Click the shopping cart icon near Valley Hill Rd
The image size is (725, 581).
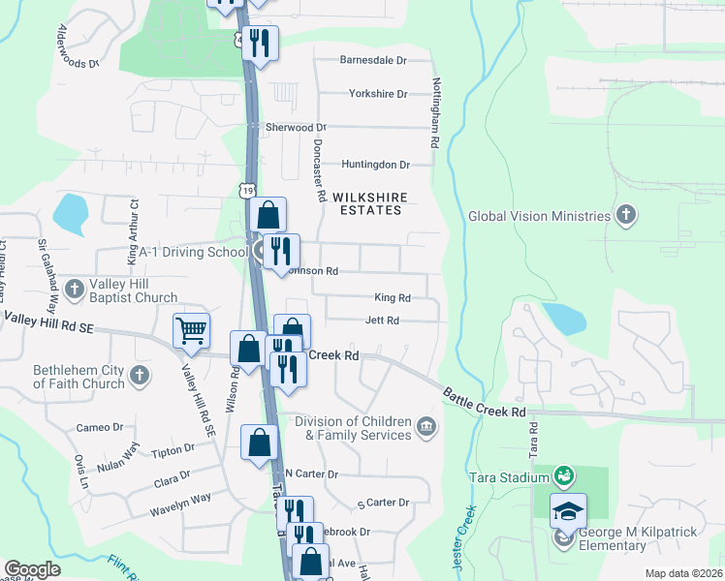click(x=191, y=331)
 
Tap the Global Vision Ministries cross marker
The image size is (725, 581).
click(x=626, y=216)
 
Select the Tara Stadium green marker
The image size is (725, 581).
click(x=562, y=475)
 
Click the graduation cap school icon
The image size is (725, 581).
click(x=568, y=510)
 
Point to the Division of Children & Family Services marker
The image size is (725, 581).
click(x=425, y=427)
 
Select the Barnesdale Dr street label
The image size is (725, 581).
click(x=373, y=60)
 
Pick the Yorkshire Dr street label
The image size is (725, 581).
click(x=378, y=94)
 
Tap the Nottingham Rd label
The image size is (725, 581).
click(x=437, y=112)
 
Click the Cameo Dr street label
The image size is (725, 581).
click(x=100, y=427)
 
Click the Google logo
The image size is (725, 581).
click(x=32, y=569)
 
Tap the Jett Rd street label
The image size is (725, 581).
click(x=382, y=321)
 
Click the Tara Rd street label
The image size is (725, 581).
click(x=533, y=446)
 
